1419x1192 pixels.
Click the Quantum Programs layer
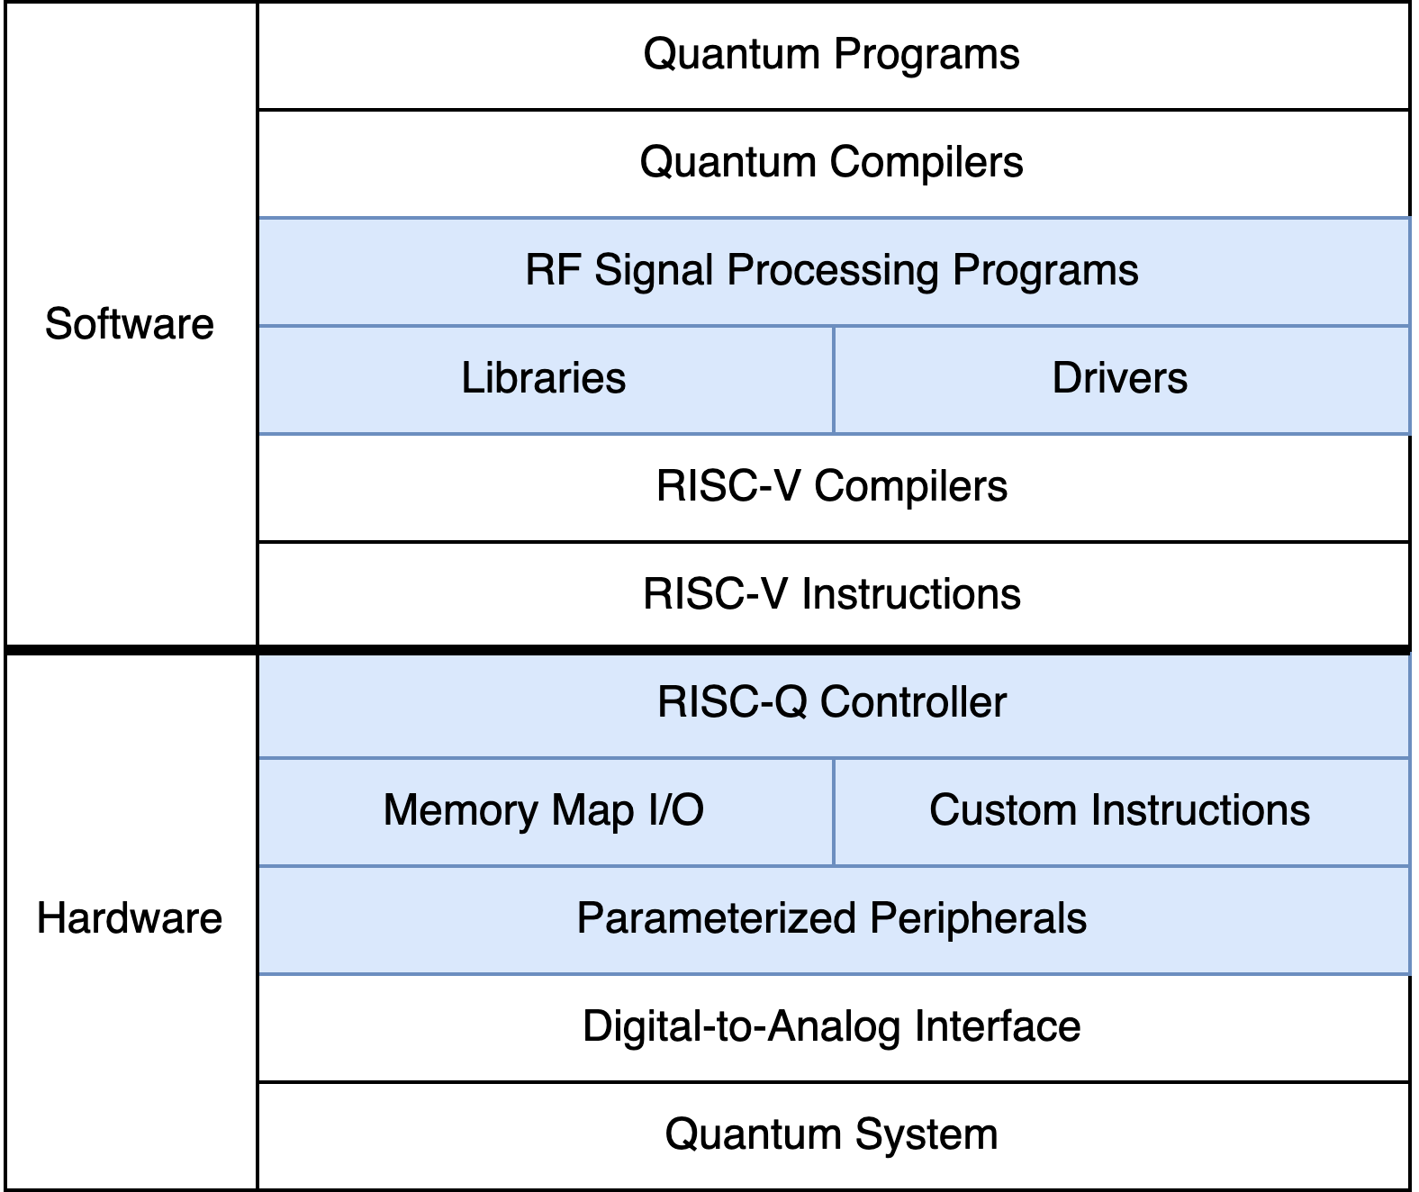tap(832, 54)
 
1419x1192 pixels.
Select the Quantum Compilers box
tap(832, 163)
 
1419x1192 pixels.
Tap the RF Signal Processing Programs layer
tap(832, 270)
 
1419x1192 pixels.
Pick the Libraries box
tap(544, 378)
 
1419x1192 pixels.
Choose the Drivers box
tap(1120, 378)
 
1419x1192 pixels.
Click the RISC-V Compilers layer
tap(832, 486)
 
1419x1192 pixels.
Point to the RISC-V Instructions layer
tap(832, 594)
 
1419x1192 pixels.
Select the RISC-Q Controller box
tap(832, 702)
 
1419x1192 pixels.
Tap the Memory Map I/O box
tap(544, 810)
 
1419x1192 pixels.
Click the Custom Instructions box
tap(1120, 810)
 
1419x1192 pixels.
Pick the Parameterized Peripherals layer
tap(832, 918)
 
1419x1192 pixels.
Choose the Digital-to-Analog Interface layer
tap(832, 1026)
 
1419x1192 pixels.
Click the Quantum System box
tap(832, 1134)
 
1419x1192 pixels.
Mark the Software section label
tap(130, 324)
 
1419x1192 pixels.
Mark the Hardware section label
tap(130, 919)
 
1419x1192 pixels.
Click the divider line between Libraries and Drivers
tap(834, 379)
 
